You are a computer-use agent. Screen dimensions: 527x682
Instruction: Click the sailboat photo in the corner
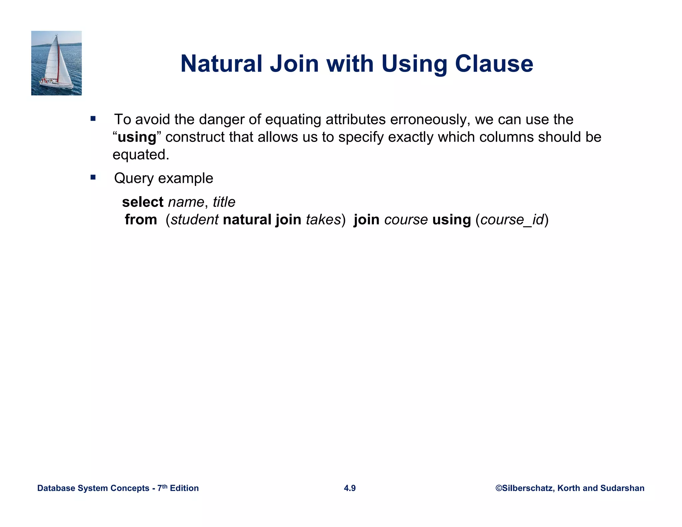56,63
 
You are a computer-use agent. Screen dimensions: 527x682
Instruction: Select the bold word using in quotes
137,137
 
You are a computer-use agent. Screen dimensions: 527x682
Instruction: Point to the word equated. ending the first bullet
141,155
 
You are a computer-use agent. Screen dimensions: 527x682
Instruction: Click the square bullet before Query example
93,177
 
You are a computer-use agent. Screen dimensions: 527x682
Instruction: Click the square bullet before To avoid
93,119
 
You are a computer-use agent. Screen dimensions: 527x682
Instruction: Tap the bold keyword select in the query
143,202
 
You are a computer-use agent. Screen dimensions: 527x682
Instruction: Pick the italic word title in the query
224,202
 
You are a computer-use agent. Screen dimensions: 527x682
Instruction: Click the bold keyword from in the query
141,220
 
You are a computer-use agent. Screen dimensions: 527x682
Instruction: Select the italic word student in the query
194,220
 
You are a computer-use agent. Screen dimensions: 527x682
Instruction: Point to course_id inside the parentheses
512,220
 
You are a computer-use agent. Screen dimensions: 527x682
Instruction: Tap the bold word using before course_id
451,220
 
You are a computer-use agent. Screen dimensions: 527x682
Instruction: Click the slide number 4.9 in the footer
350,488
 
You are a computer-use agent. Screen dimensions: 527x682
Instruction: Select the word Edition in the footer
184,488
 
